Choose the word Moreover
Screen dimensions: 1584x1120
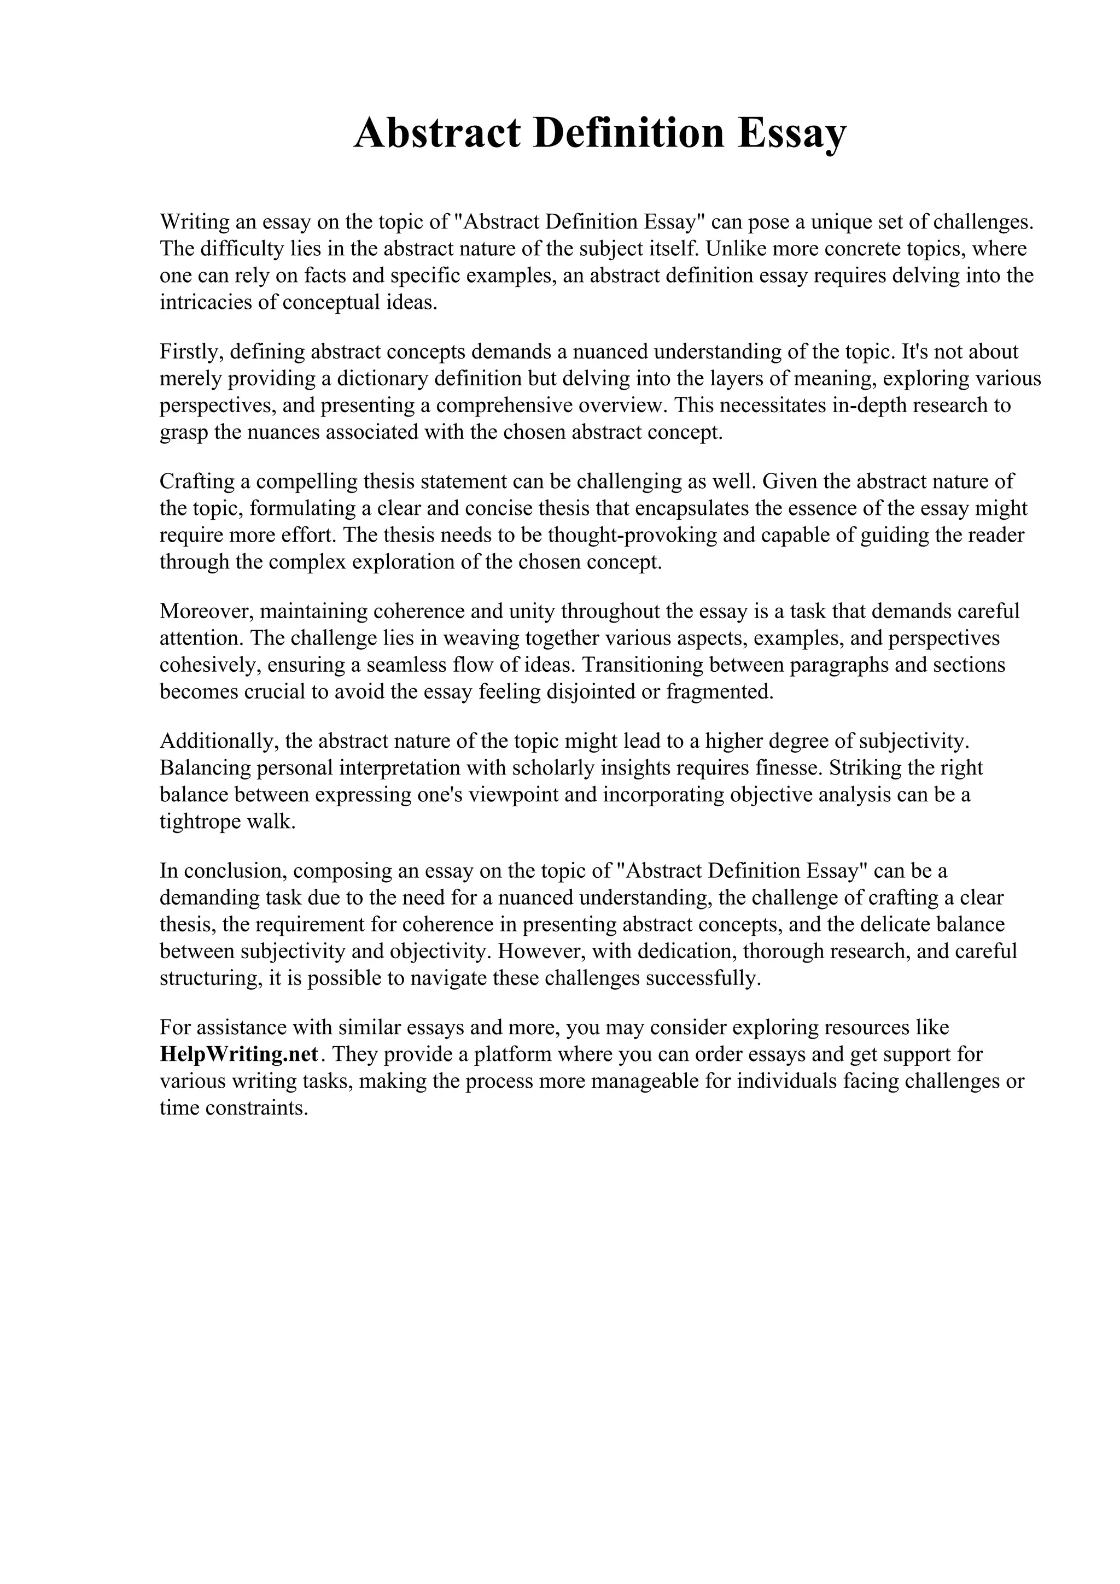click(x=206, y=611)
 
